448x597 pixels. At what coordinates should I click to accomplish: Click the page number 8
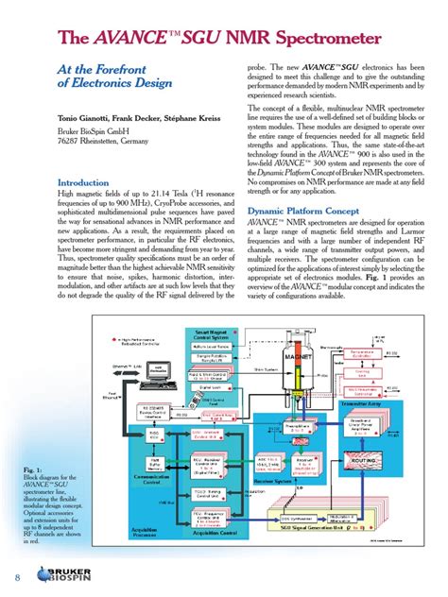coord(17,578)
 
